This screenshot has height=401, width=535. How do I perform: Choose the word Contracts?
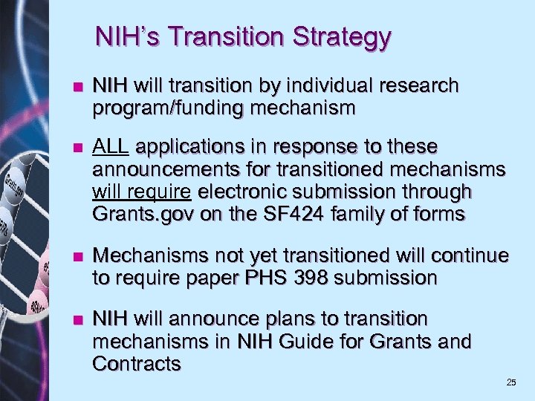tap(137, 364)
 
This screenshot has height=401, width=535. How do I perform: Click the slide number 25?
tap(510, 382)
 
